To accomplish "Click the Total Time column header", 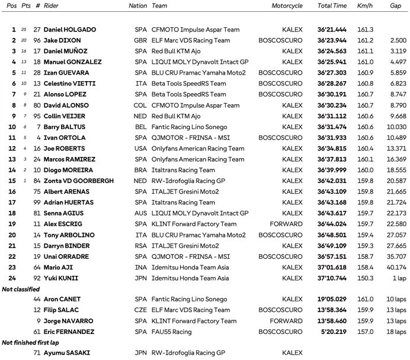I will coord(332,6).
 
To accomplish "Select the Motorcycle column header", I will coord(287,6).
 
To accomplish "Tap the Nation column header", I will coord(138,6).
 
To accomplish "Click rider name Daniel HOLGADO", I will coord(70,30).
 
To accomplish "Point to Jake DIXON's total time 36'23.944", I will coord(332,40).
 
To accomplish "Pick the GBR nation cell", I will coord(141,40).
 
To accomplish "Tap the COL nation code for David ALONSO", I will coord(141,105).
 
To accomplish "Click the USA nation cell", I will coord(141,149).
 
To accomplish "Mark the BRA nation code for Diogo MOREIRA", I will coord(141,170).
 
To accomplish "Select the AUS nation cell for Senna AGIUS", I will coord(141,213).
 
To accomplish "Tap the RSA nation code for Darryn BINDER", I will coord(141,246).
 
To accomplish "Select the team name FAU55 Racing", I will coord(172,332).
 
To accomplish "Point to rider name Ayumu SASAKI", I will coord(67,353).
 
